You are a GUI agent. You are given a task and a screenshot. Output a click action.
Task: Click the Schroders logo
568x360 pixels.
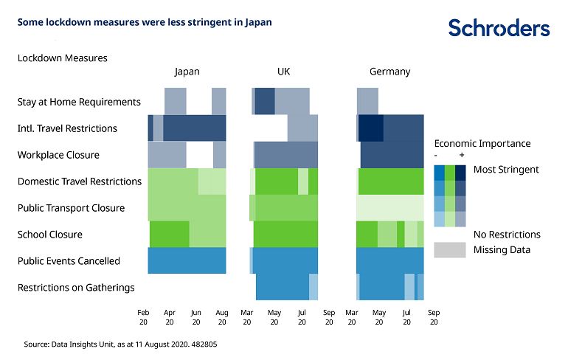pos(499,29)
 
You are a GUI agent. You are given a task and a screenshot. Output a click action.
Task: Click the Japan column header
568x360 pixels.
pos(187,72)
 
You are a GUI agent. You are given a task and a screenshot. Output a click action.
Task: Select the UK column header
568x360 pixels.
pos(284,72)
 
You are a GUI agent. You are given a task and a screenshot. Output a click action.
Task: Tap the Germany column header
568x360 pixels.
pos(389,72)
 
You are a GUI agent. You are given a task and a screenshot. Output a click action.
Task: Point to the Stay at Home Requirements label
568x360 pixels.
pos(79,102)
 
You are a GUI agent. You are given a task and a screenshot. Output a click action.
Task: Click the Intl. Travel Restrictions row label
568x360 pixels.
pos(67,128)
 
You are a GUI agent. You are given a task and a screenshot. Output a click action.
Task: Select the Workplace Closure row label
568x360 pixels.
pos(58,155)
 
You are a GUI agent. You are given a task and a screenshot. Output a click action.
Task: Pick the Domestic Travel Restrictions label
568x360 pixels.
pos(80,181)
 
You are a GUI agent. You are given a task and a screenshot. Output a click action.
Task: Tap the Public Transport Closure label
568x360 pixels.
pos(71,208)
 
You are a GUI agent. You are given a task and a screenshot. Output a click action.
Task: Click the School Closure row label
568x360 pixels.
pos(50,235)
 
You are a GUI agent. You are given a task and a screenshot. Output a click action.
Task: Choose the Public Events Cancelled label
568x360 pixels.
pos(69,261)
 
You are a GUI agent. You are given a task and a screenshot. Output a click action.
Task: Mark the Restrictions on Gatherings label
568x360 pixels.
pos(76,288)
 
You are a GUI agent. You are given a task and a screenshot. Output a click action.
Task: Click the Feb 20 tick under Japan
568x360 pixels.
pos(143,317)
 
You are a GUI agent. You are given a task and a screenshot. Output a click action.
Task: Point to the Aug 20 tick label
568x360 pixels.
pos(222,317)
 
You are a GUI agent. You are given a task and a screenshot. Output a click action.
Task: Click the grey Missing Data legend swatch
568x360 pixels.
pos(450,250)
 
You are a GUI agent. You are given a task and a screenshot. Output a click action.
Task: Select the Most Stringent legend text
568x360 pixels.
pos(506,170)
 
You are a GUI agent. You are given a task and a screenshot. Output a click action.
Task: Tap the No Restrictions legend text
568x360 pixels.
pos(507,235)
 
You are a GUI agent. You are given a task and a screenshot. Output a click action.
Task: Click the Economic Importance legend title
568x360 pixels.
pos(482,144)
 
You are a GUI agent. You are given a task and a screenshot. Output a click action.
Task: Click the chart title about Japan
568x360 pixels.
pos(145,22)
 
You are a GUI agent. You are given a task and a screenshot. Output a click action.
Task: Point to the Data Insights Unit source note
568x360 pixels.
pos(120,344)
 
